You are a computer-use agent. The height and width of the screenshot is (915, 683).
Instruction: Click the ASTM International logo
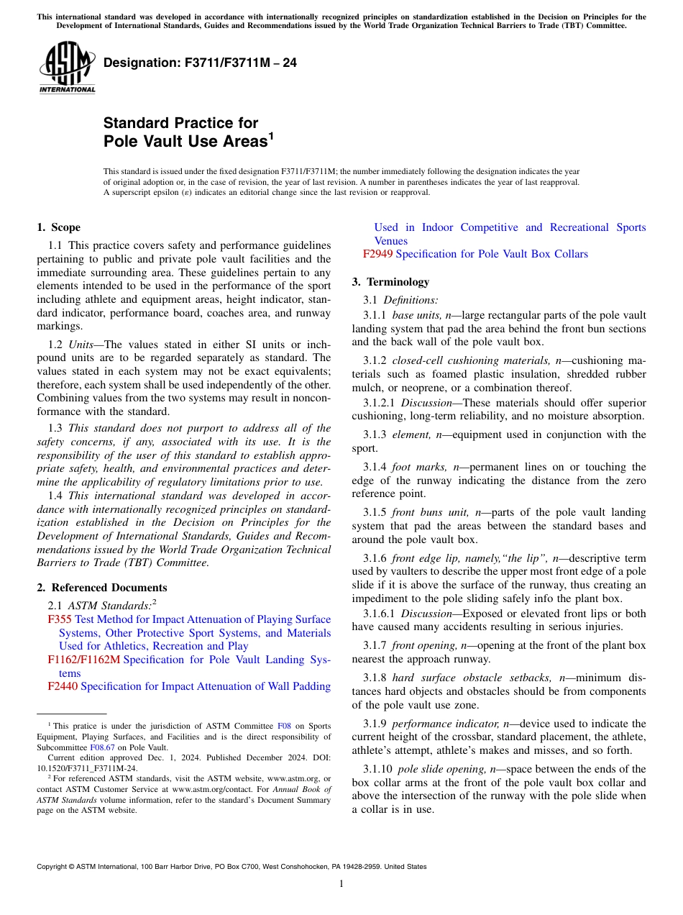67,68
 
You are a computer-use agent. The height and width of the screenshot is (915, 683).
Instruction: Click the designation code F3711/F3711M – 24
200,63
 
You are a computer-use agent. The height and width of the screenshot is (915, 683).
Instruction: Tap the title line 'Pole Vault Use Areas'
185,141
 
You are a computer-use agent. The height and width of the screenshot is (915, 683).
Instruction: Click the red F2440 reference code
63,686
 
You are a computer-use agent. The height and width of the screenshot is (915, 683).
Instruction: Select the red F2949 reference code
377,254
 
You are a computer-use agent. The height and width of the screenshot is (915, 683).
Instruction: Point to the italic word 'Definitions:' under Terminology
411,299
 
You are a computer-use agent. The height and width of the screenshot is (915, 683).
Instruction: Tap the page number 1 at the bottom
341,884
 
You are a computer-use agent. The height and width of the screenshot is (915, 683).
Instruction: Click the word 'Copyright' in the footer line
53,867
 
